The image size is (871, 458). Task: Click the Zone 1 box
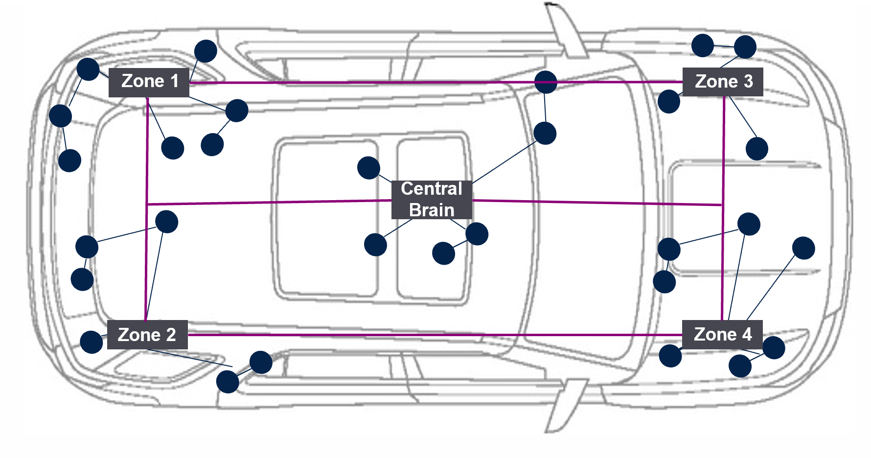(149, 82)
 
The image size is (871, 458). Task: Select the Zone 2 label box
(147, 335)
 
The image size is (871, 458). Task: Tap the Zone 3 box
(723, 82)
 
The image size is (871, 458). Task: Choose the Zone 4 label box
(722, 335)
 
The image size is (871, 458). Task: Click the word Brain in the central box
(432, 210)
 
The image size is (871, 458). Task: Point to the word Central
(432, 189)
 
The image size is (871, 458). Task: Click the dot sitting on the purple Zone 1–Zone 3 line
(546, 82)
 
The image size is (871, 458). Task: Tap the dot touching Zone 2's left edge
(92, 342)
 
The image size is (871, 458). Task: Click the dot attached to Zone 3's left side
(669, 101)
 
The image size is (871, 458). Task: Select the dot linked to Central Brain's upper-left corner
(368, 168)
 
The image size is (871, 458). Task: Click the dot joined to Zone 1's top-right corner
(206, 51)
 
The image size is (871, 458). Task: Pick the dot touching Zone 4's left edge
(670, 356)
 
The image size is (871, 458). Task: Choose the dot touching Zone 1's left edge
(88, 69)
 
